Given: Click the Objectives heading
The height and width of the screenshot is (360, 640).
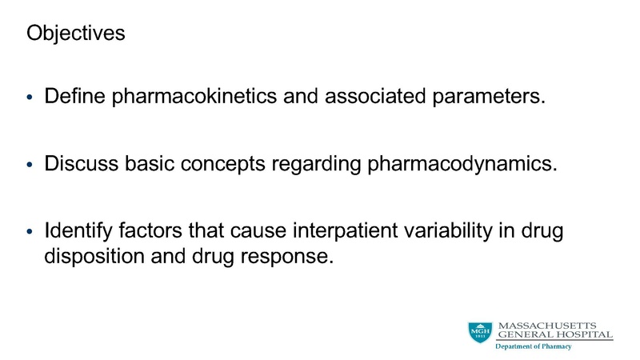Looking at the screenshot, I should [x=76, y=34].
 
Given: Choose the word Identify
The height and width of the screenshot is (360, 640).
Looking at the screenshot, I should [x=78, y=232].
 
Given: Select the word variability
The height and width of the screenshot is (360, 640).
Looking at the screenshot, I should [x=457, y=232].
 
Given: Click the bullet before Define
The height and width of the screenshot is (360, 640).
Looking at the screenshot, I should [x=30, y=99].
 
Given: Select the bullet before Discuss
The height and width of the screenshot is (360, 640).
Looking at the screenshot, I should [x=30, y=166].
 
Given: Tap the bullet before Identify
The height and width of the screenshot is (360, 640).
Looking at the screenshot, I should [x=30, y=234].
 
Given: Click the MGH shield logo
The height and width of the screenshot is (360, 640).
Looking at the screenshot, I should [x=481, y=331].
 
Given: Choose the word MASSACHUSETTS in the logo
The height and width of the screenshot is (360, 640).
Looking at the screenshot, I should [x=555, y=324].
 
